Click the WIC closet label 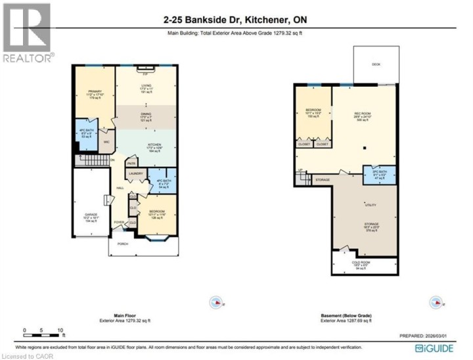pos(106,141)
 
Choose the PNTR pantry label pos(131,164)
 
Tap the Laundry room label pos(136,173)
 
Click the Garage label pos(91,215)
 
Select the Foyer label pos(119,222)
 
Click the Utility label pos(371,205)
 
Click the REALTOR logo pos(27,33)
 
